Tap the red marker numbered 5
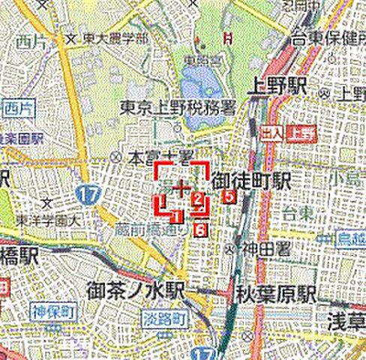tap(229, 196)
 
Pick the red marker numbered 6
tap(199, 229)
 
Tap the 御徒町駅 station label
tap(251, 181)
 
